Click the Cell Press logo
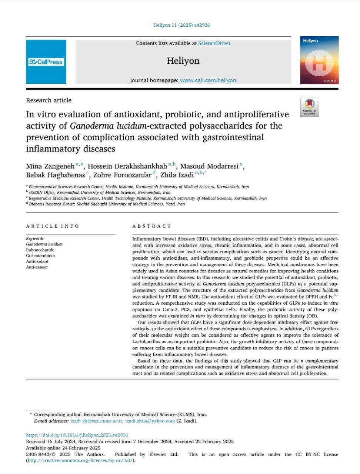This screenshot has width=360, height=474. coord(46,62)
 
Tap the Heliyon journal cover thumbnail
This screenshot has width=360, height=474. coord(319,60)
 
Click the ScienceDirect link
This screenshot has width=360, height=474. coord(214,43)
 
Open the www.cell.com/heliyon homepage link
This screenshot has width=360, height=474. coord(208,80)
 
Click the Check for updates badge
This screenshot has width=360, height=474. coord(310,107)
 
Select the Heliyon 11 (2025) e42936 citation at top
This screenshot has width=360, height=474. coord(181,25)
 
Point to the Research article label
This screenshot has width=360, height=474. coord(49,100)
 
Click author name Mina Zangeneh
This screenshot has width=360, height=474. coord(50,166)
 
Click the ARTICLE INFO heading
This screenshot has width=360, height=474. coord(52,226)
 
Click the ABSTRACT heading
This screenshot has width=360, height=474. coord(152,226)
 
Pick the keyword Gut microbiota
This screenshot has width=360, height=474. coord(40,256)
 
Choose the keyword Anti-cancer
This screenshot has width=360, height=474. coord(37,267)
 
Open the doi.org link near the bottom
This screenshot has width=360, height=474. coord(77,435)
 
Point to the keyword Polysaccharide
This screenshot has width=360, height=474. coord(40,250)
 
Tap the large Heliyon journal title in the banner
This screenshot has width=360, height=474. coord(183,61)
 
